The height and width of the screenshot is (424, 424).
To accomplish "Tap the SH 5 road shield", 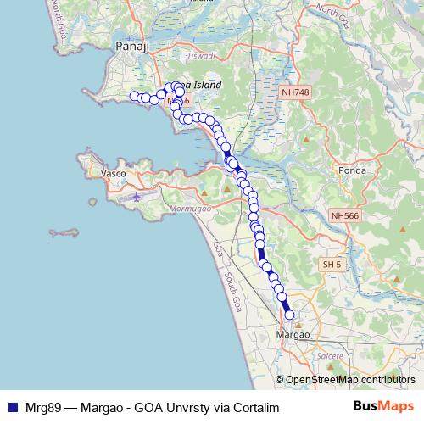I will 332,265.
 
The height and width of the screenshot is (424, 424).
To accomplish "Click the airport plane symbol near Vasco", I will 138,196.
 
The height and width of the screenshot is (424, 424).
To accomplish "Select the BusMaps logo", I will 383,405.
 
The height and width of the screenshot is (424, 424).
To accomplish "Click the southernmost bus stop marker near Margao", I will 289,315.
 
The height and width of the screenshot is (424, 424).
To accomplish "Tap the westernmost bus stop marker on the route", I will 134,96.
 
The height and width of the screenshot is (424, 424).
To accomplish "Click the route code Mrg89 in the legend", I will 38,406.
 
